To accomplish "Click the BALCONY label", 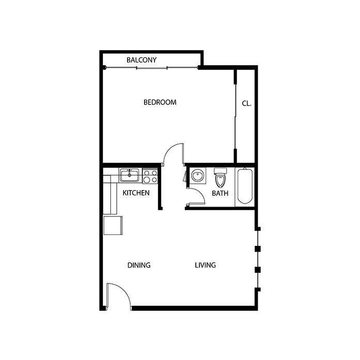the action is (x=142, y=60).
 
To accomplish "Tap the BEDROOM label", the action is (x=160, y=102).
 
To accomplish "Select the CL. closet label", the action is (x=246, y=103).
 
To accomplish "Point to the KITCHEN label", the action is (x=136, y=193).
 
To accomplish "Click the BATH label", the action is (x=220, y=193).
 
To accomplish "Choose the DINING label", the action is (x=139, y=265).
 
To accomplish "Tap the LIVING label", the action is (x=205, y=265).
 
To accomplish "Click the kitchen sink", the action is (x=129, y=176).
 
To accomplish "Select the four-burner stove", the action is (x=150, y=176).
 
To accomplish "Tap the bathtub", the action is (x=245, y=186).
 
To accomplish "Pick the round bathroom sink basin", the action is (x=197, y=176).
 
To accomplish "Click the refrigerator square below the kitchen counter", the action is (x=113, y=225).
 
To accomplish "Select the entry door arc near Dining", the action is (x=124, y=290).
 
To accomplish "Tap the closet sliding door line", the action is (x=236, y=116).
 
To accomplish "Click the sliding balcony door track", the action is (x=151, y=68).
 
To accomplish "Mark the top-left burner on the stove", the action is (x=147, y=173).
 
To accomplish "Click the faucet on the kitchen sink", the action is (x=129, y=171).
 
